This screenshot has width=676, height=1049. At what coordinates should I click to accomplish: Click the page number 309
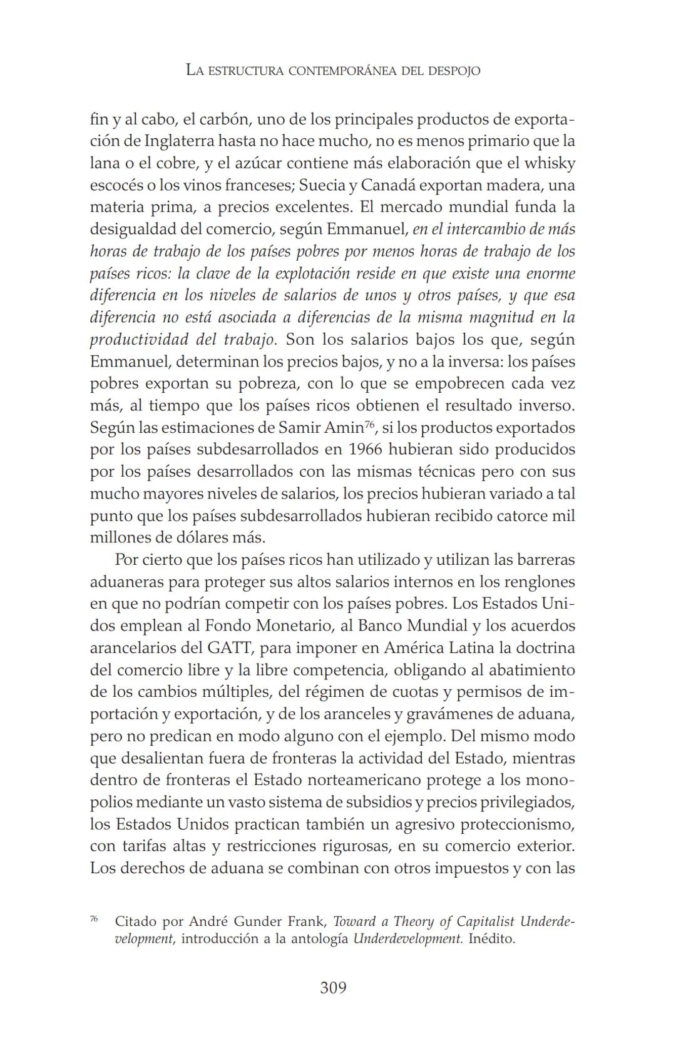tap(333, 988)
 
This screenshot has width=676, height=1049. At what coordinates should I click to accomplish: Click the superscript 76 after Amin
tap(369, 425)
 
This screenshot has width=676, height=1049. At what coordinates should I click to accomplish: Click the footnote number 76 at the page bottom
tap(94, 919)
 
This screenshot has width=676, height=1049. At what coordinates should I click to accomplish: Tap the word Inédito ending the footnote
tap(492, 940)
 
